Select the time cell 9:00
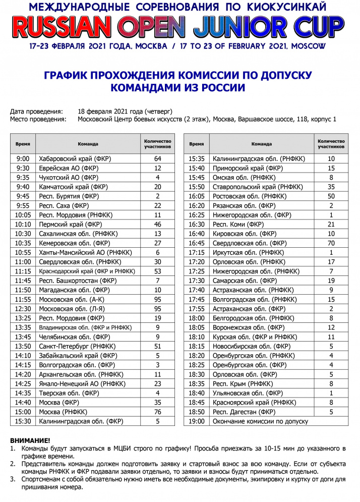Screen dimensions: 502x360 point(23,159)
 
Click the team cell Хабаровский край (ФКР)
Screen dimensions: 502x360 point(75,159)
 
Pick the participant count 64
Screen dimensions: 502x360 point(157,159)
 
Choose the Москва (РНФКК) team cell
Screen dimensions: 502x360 point(63,412)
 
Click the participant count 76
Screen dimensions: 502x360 point(157,412)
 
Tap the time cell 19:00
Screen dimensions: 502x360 point(197,421)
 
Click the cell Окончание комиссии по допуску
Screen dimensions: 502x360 point(260,421)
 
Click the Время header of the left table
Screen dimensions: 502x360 point(23,144)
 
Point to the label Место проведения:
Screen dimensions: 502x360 point(38,120)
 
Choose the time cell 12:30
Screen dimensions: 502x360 point(23,309)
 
